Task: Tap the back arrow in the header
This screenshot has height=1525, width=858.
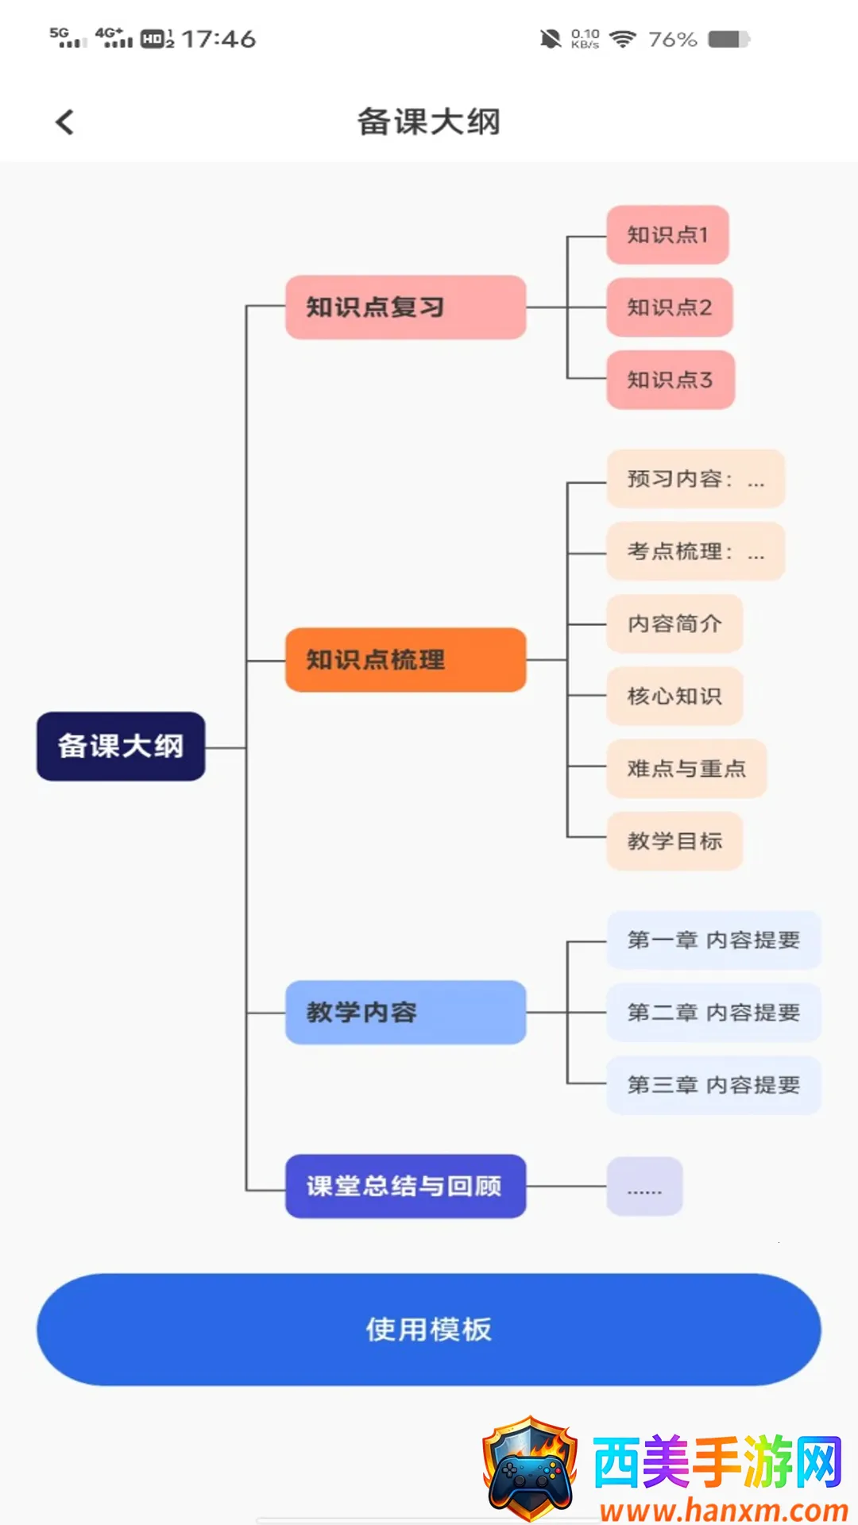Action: coord(65,122)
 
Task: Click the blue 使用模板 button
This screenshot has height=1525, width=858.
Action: coord(429,1329)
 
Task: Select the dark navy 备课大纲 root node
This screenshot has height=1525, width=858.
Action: coord(121,746)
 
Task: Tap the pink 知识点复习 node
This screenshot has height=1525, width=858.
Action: coord(405,307)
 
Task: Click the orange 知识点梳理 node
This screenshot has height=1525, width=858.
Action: coord(405,659)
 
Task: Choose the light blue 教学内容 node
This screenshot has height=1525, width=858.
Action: coord(405,1012)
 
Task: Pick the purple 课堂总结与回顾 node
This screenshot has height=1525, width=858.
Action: coord(405,1186)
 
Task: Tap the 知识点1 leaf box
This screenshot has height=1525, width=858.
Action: coord(667,235)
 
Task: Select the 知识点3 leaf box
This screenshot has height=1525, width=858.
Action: coord(671,380)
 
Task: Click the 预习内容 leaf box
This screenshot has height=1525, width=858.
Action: coord(695,479)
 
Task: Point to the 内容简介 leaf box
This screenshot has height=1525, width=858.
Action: coord(674,624)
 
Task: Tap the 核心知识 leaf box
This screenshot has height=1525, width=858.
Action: coord(674,696)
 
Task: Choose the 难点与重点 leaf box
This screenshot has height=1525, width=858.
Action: coord(686,768)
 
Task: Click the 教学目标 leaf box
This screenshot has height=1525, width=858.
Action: coord(674,840)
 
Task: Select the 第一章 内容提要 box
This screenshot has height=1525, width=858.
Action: coord(713,940)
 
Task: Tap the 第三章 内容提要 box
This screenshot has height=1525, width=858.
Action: coord(713,1084)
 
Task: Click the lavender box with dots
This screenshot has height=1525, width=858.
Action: coord(644,1186)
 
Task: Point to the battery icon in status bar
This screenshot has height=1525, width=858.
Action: coord(729,39)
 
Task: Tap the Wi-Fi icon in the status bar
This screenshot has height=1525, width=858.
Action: coord(623,39)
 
